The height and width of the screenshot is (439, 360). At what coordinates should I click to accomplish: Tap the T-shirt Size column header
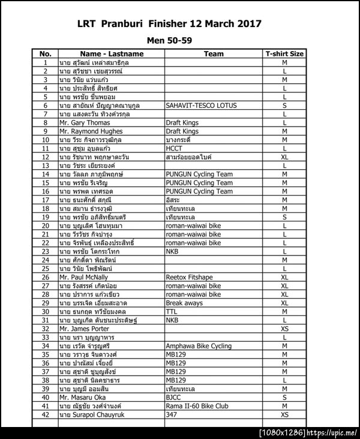[284, 53]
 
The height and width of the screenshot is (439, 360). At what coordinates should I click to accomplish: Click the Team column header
[214, 53]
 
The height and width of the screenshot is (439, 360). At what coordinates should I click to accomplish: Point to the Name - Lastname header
[112, 53]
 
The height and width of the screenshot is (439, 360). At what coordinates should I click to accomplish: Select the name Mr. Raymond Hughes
[91, 131]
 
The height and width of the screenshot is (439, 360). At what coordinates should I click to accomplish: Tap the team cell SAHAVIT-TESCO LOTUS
[201, 105]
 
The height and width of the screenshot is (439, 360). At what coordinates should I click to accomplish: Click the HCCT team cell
[175, 148]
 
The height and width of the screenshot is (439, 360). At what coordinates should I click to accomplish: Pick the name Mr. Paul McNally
[83, 277]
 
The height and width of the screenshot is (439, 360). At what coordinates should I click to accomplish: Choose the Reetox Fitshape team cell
[189, 277]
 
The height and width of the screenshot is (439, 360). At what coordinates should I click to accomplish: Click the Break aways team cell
[184, 303]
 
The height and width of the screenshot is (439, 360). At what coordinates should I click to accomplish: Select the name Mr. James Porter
[84, 329]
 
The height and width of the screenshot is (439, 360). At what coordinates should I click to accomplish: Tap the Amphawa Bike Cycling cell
[198, 346]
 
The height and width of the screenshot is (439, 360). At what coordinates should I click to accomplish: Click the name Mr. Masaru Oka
[82, 397]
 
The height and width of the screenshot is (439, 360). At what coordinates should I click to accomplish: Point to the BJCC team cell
[174, 397]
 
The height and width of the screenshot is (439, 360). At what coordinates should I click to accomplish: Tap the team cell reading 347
[172, 414]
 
